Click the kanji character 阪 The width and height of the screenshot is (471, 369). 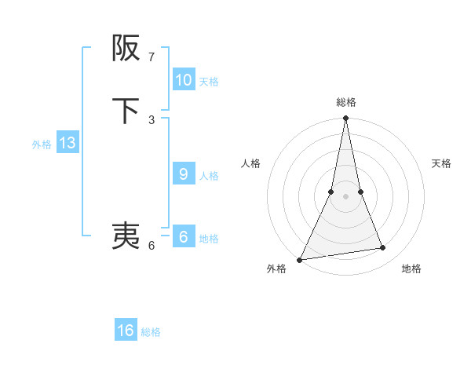(x=126, y=49)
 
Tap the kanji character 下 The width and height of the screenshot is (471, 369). (x=126, y=111)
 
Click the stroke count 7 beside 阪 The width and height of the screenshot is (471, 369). (x=152, y=57)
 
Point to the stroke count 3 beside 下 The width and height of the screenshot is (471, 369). (x=152, y=119)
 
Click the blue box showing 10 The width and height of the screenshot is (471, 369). (x=184, y=80)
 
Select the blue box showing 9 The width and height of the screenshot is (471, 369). (x=184, y=174)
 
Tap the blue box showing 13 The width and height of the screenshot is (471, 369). (x=68, y=144)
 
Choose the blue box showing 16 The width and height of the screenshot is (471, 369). (x=126, y=331)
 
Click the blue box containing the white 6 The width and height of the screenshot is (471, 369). (x=184, y=237)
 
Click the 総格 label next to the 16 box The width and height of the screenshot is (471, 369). (x=151, y=332)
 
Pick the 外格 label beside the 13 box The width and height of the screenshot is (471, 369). (x=42, y=144)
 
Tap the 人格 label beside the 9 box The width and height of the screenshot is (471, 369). (x=209, y=176)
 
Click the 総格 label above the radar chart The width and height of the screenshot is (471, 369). (x=345, y=102)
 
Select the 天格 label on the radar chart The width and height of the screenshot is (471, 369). (x=441, y=163)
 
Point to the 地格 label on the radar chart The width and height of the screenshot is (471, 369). (x=411, y=269)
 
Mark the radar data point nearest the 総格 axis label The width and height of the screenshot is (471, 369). (x=345, y=119)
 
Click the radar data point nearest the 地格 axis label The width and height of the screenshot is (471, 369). (x=383, y=248)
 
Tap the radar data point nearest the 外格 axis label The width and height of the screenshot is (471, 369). (x=300, y=259)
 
